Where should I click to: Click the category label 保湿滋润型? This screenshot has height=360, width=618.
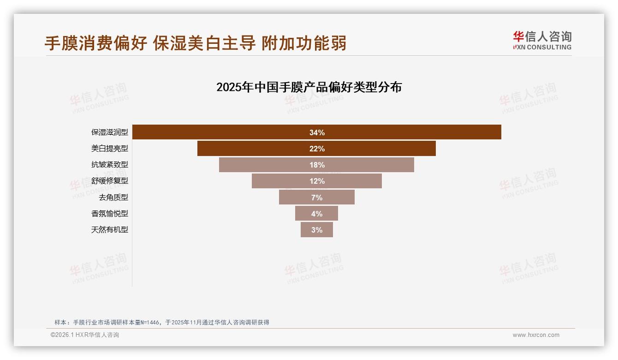[x=110, y=132]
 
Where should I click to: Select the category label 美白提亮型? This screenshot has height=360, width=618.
[x=110, y=149]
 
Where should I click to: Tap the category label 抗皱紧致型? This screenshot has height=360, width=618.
[x=110, y=165]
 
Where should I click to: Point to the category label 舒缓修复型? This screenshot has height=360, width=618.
[x=110, y=181]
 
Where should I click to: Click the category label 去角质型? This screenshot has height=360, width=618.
[x=113, y=198]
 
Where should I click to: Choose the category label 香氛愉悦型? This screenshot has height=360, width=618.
[x=110, y=214]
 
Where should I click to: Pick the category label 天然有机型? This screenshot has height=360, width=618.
[x=110, y=230]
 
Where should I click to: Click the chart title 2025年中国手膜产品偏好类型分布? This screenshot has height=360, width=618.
[x=309, y=87]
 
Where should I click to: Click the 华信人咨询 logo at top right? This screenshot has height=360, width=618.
[x=542, y=40]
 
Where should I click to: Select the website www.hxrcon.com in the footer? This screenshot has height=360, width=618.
[x=536, y=335]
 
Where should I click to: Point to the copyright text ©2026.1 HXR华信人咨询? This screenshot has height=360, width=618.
[x=85, y=335]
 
